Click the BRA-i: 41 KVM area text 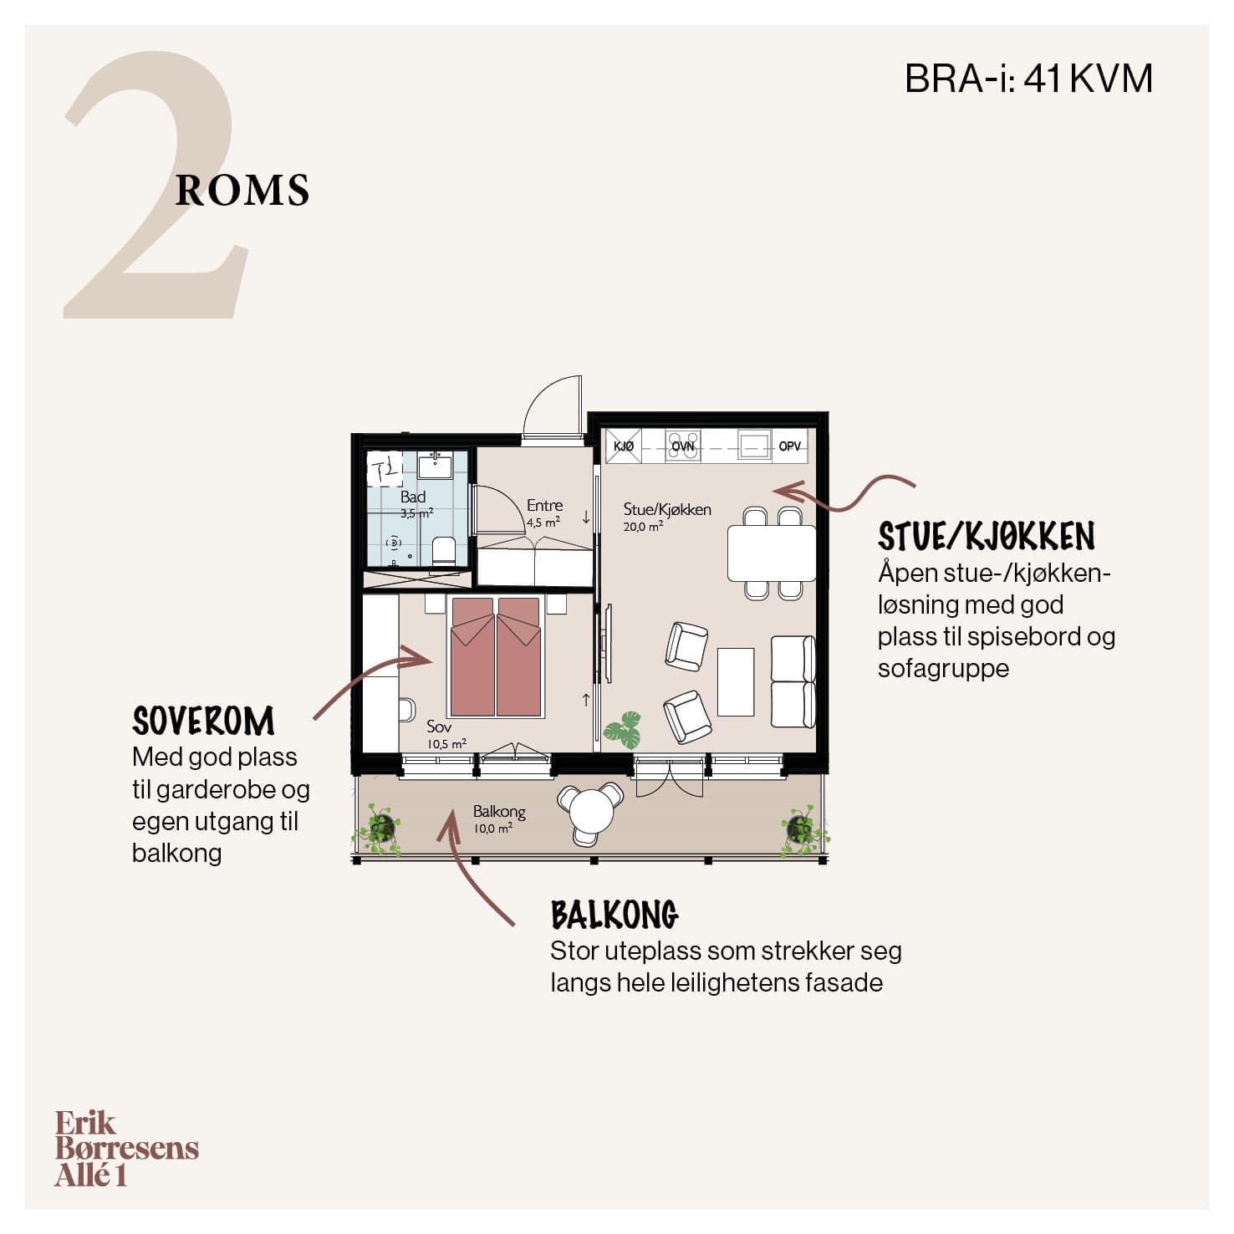1028,79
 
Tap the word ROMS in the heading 242,191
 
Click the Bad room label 413,497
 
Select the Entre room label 544,505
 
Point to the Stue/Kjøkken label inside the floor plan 667,509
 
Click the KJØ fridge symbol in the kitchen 624,446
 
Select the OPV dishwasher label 790,446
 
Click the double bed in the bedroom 496,656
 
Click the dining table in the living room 772,553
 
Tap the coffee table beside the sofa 736,681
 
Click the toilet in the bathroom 444,552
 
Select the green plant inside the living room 623,730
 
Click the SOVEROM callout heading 203,721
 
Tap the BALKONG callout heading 614,915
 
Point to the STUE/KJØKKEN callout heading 987,536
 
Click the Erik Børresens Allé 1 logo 127,1149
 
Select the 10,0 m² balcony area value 493,829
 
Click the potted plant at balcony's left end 380,829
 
